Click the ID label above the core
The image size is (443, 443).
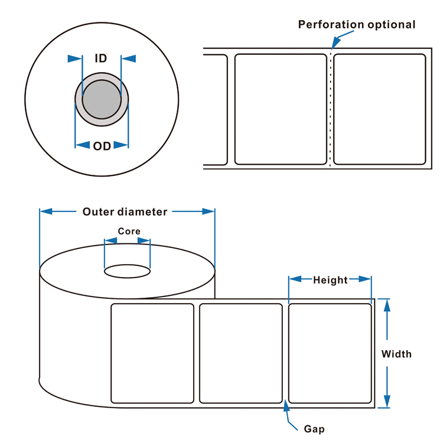tap(100, 58)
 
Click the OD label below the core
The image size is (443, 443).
tap(102, 145)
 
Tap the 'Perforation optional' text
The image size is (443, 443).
tap(356, 25)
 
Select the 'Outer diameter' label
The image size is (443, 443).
tap(125, 212)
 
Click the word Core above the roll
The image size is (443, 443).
tap(129, 232)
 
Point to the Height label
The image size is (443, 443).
tap(330, 279)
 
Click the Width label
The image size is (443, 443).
tap(396, 354)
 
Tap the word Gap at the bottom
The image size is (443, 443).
tap(314, 429)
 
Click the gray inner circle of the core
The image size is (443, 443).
tap(102, 99)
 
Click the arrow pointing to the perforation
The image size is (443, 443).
tap(335, 41)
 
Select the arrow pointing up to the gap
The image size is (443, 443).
tap(287, 406)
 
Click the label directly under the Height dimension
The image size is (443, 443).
tap(330, 353)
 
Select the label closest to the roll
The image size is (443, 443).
tap(153, 353)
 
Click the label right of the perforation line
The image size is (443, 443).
tap(380, 109)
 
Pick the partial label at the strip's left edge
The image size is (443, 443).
tap(216, 109)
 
